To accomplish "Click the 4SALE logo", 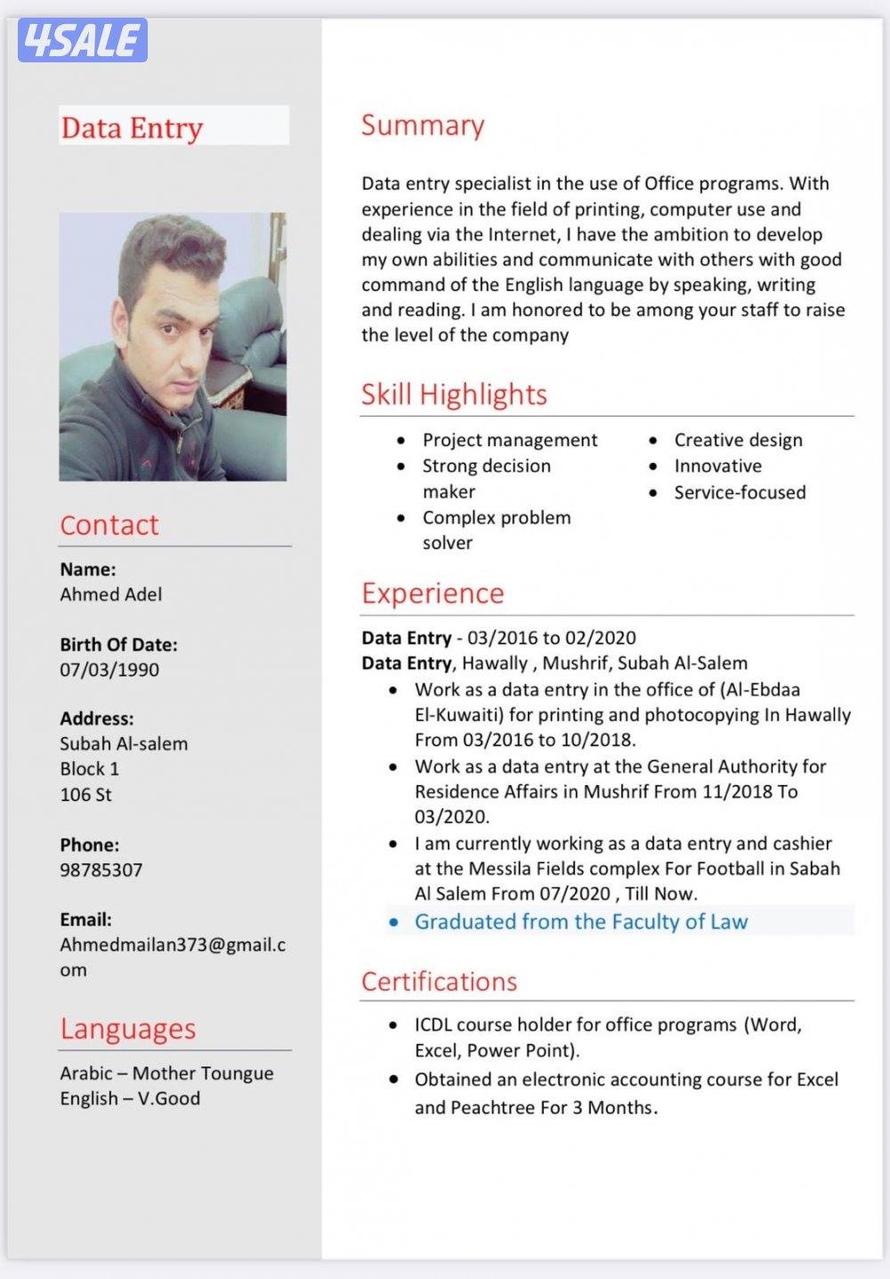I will click(82, 40).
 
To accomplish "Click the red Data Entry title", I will click(132, 128).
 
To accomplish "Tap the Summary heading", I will click(423, 125).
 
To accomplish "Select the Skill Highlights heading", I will click(454, 394).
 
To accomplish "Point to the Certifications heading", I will click(439, 982).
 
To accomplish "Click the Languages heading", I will click(127, 1029).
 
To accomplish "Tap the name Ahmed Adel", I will click(111, 595).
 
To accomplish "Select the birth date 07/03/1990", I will click(109, 669).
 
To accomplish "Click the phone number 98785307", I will click(101, 870).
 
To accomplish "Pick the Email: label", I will click(86, 919).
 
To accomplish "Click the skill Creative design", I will click(738, 440).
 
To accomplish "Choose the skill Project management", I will click(510, 440).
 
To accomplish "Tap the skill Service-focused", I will click(740, 492).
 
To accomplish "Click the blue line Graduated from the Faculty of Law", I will click(581, 921).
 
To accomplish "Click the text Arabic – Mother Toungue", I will click(166, 1073).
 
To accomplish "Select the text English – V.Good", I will click(130, 1098).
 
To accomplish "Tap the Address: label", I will click(97, 718).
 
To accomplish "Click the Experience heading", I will click(433, 594).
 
